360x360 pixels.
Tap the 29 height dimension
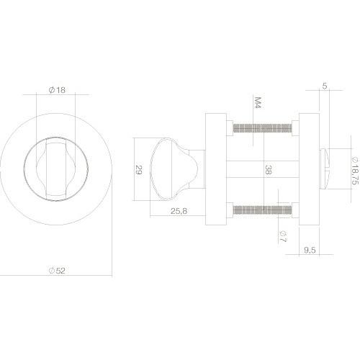click(x=139, y=170)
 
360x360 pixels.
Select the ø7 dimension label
click(x=282, y=234)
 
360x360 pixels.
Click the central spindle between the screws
click(x=245, y=170)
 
